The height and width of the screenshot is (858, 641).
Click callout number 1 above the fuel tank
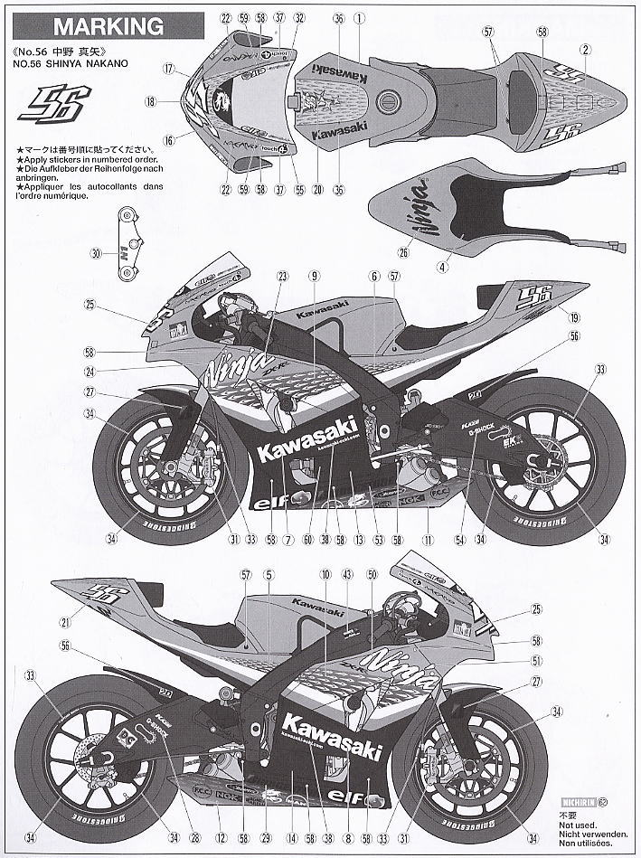click(x=358, y=17)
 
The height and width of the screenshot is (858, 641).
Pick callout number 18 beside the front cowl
click(x=168, y=102)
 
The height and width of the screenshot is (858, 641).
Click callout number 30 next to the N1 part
click(x=96, y=254)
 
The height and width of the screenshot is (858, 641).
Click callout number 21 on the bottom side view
click(x=65, y=623)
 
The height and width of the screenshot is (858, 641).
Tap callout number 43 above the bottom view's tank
click(x=346, y=574)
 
